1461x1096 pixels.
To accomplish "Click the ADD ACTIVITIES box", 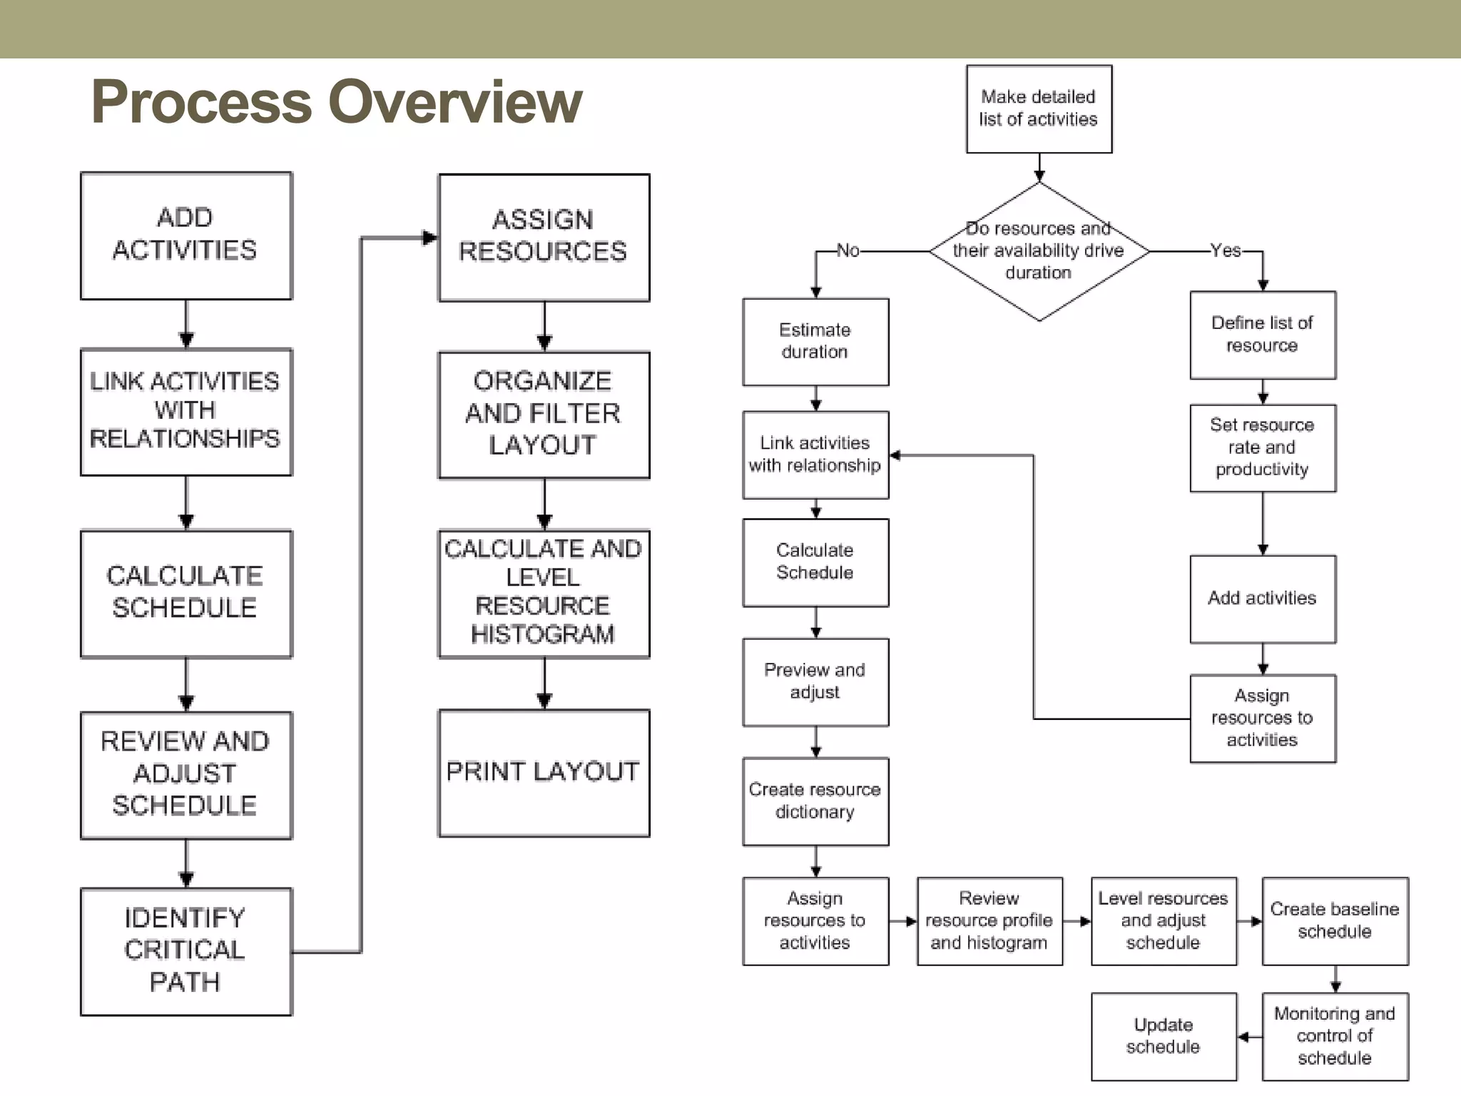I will pos(185,235).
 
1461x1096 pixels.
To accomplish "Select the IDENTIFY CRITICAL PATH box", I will pos(185,951).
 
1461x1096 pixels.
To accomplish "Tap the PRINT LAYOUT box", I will pos(544,772).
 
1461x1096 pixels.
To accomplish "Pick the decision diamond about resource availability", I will pos(1039,251).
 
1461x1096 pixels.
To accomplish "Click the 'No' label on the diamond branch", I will pos(847,251).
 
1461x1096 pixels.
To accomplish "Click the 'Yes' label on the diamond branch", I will pos(1226,251).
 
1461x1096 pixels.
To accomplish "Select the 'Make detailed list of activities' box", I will pos(1039,108).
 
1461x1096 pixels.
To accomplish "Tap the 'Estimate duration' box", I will pos(815,342).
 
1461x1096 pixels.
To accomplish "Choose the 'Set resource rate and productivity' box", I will pos(1263,448).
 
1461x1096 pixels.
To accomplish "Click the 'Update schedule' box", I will pos(1164,1036).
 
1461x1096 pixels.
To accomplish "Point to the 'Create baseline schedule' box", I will pos(1335,921).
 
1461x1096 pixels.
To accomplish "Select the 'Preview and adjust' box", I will pos(815,682).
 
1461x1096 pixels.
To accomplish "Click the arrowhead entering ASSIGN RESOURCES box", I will pos(429,238).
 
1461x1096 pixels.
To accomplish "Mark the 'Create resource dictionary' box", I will pos(815,801).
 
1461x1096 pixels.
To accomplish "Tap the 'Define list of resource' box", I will pos(1263,335).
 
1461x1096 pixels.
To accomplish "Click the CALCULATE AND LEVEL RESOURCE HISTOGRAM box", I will pos(544,593).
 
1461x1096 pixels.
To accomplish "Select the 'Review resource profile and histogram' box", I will pos(989,921).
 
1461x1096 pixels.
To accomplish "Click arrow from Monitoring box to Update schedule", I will pos(1248,1037).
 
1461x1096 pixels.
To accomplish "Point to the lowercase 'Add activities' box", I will pos(1263,599).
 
